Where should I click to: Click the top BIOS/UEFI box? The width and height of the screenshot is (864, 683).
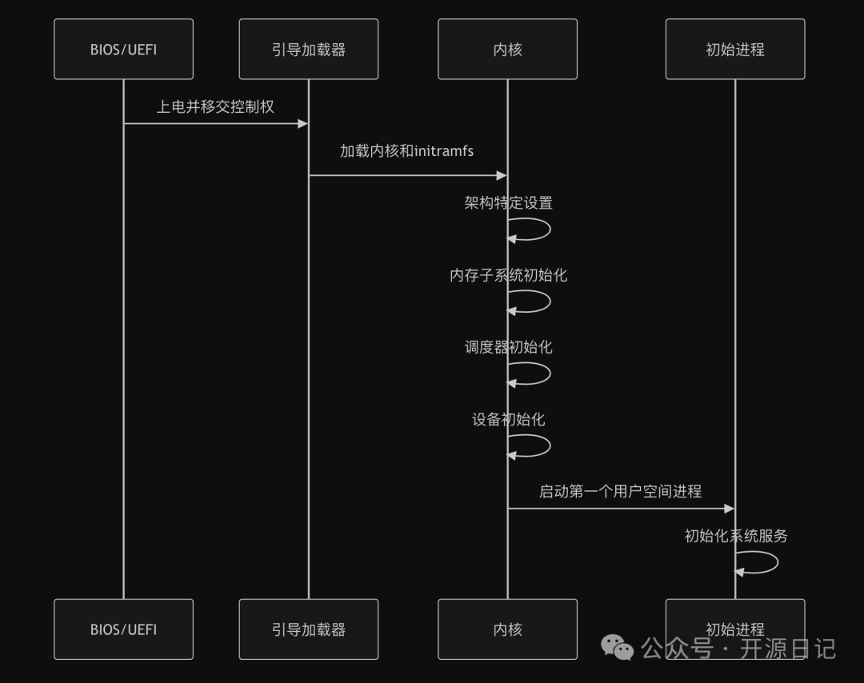(123, 50)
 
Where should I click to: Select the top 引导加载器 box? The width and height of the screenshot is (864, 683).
(308, 50)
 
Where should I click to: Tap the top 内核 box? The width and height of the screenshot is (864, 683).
(507, 50)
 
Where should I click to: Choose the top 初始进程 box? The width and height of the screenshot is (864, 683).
(734, 50)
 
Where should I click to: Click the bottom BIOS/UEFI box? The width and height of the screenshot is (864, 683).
(123, 629)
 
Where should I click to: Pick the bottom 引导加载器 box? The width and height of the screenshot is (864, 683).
(308, 629)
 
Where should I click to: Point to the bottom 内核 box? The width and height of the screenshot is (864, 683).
(507, 629)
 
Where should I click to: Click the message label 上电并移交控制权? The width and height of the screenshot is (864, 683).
(215, 106)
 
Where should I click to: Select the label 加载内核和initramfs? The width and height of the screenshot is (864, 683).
(406, 150)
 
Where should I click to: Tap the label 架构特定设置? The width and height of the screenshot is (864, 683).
(508, 203)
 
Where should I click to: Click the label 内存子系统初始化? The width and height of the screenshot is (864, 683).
(508, 275)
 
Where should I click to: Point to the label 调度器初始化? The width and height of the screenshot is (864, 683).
(508, 347)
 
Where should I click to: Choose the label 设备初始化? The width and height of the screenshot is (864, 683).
(508, 419)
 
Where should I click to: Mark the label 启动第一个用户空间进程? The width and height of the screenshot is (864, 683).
(620, 491)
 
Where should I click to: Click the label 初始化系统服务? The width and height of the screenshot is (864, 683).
(735, 536)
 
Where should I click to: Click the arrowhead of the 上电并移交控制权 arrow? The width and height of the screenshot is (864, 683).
(302, 123)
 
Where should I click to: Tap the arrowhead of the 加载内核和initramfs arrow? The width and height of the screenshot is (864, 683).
(502, 175)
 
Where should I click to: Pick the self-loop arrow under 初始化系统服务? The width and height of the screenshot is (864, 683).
(765, 562)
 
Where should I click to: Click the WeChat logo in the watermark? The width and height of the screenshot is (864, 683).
(617, 647)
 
